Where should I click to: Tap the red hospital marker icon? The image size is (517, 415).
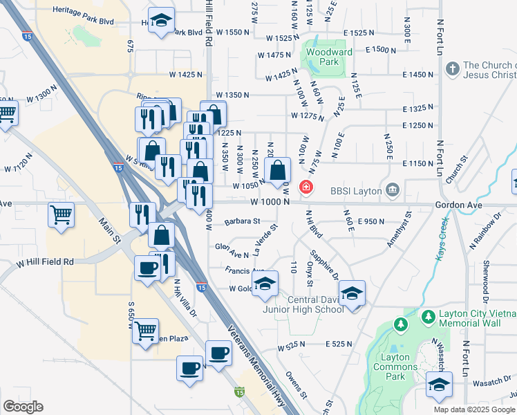[x=305, y=187]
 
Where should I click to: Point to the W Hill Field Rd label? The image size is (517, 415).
[x=46, y=262]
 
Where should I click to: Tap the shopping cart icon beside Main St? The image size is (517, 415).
[x=60, y=215]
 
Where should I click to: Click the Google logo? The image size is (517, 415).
[x=23, y=407]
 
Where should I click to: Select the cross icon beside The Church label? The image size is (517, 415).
[x=453, y=69]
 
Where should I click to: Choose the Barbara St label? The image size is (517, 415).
[x=242, y=221]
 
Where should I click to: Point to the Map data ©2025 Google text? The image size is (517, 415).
[x=474, y=409]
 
